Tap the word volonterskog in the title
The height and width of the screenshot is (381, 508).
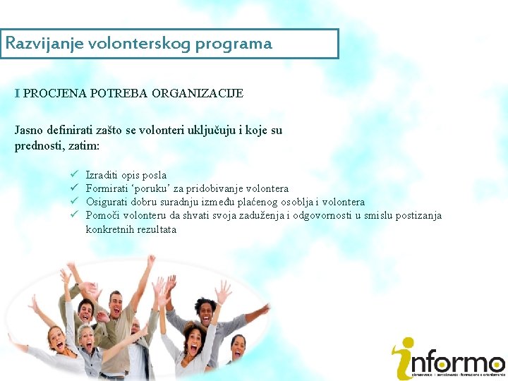pyautogui.click(x=142, y=44)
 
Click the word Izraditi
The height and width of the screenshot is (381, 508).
pyautogui.click(x=102, y=175)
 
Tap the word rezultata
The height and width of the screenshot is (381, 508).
pyautogui.click(x=157, y=229)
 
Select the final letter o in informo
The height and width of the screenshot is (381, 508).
pyautogui.click(x=494, y=364)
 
